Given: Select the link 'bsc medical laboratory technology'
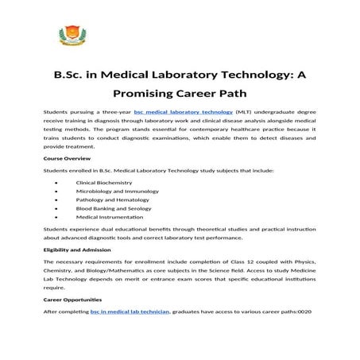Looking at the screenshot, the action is pyautogui.click(x=184, y=113).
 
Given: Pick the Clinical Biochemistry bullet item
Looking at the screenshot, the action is pyautogui.click(x=105, y=182).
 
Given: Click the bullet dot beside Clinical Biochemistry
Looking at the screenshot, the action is pyautogui.click(x=57, y=182).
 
